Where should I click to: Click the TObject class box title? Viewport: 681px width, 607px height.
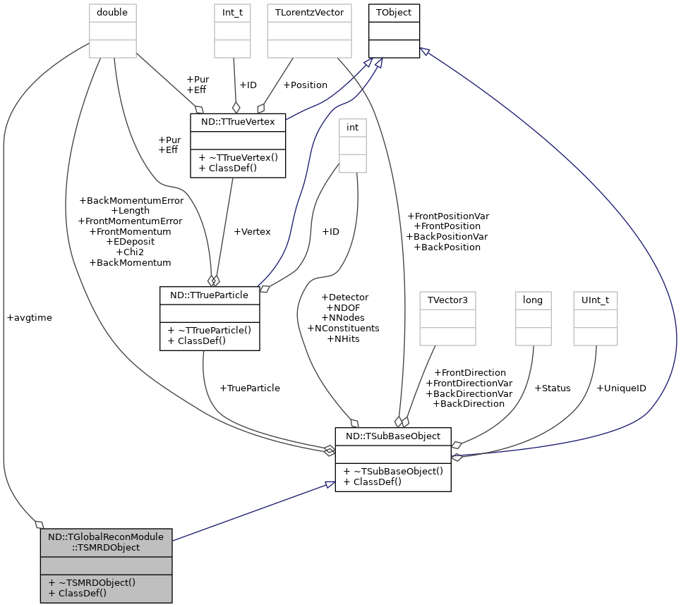point(394,13)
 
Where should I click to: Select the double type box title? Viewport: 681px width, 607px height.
point(112,13)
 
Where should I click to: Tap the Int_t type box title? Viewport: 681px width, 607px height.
point(232,13)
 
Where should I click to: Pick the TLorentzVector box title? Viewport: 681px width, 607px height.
point(309,13)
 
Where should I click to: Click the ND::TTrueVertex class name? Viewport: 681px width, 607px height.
point(238,122)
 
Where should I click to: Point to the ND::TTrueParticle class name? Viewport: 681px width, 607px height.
point(210,295)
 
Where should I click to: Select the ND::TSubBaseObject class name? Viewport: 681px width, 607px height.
point(393,436)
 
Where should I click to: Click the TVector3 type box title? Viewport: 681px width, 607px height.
point(448,300)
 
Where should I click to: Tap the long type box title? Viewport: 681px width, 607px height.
point(533,300)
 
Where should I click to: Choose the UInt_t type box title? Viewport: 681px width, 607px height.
point(595,300)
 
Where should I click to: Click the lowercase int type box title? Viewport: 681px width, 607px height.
point(352,127)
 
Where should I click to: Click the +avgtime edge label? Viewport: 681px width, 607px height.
point(30,318)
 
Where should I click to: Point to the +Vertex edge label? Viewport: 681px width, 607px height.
point(253,232)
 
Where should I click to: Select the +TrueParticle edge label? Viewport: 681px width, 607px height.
point(250,388)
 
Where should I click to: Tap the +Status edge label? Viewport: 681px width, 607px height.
point(553,388)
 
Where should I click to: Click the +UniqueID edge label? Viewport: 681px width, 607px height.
point(622,388)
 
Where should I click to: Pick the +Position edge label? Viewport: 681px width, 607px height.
point(306,85)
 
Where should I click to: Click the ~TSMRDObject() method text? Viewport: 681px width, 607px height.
point(97,582)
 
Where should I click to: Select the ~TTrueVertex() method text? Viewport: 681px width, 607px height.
point(243,157)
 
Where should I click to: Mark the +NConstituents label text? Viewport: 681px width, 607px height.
point(344,328)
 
